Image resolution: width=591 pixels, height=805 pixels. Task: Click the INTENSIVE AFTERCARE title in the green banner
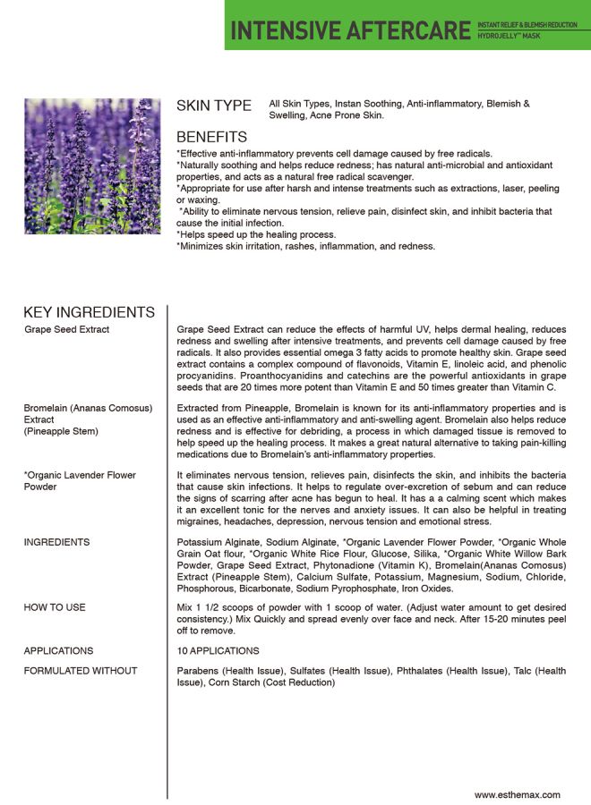point(350,30)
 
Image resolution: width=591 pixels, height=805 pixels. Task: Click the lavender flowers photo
point(92,166)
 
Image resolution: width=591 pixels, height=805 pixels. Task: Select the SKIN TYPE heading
point(214,106)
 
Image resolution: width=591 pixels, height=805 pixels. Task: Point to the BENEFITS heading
point(211,138)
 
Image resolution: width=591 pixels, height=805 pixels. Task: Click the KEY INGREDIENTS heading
point(89,312)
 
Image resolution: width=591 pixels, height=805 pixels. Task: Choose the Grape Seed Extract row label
point(67,330)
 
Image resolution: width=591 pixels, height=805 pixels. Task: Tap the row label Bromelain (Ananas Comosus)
point(88,408)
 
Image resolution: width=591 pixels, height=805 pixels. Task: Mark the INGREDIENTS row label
point(56,542)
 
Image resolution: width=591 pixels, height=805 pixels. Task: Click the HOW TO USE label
point(55,607)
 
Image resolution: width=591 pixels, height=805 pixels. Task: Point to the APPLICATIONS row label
point(58,651)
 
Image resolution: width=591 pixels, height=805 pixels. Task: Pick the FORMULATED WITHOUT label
point(81,671)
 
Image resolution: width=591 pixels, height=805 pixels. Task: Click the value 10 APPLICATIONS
point(218,651)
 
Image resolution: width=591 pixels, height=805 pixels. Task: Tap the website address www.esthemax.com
point(518,794)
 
